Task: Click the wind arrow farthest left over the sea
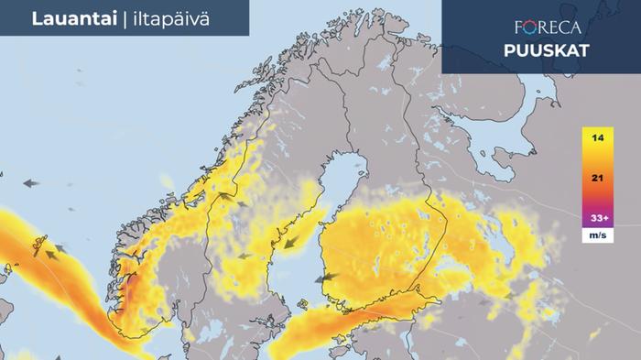(31, 183)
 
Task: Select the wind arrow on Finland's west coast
(323, 277)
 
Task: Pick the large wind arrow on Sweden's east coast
(293, 243)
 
